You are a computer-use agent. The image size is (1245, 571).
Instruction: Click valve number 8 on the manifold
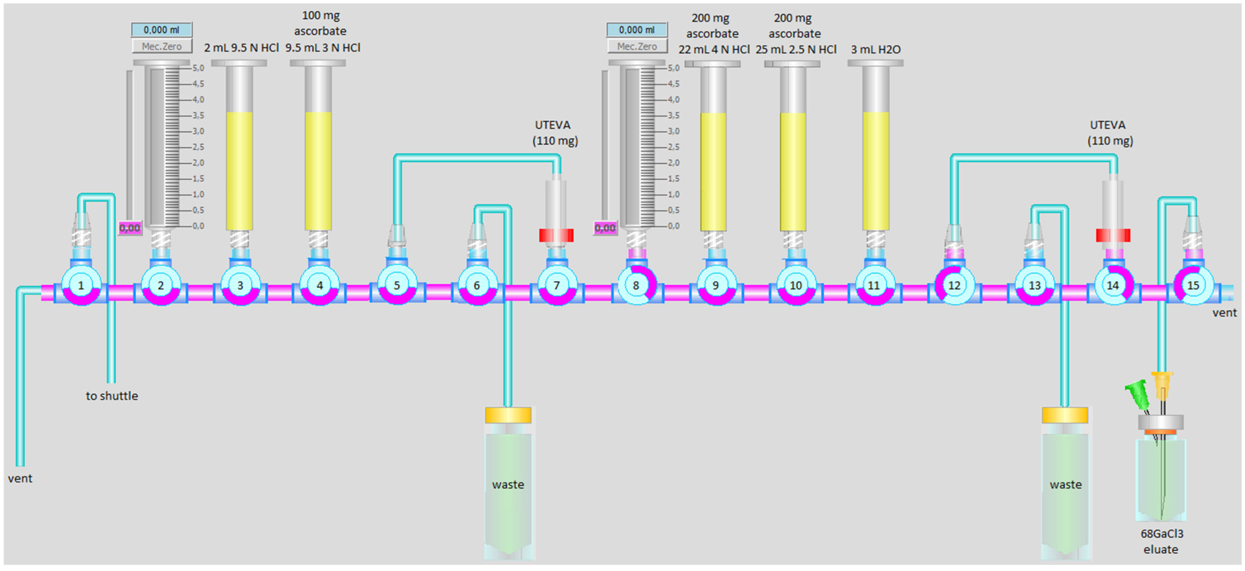tap(636, 286)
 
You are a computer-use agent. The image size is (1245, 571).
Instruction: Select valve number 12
tap(954, 286)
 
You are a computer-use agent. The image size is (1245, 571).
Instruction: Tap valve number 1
tap(81, 286)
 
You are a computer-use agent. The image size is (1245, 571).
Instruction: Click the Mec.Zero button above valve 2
tap(161, 46)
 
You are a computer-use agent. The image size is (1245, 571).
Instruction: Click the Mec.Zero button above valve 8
tap(637, 46)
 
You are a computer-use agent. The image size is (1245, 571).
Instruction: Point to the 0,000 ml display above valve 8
tap(637, 30)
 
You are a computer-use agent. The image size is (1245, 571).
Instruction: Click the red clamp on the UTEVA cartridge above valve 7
tap(556, 236)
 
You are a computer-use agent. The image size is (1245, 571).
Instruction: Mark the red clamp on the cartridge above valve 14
tap(1112, 236)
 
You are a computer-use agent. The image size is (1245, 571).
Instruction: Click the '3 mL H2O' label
tap(875, 49)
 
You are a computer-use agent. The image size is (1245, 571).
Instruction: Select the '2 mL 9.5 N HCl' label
tap(241, 48)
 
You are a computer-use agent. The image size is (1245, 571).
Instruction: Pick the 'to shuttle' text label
tap(112, 396)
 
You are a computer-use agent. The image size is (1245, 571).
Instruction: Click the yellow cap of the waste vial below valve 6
tap(508, 415)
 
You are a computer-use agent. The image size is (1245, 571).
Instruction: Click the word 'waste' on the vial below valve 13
tap(1065, 484)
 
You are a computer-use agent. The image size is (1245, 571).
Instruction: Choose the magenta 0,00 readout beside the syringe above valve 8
tap(605, 228)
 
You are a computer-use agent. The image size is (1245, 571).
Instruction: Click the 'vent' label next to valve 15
tap(1224, 313)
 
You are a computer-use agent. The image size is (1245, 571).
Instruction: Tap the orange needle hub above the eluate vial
tap(1162, 384)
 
